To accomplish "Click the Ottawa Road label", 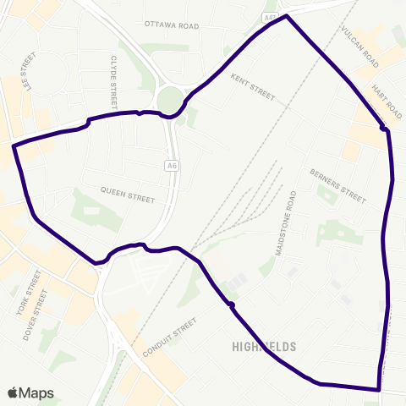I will pos(171,26).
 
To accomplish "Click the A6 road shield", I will pos(173,167).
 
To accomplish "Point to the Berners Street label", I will pos(337,185).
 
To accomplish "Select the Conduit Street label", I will pos(169,337).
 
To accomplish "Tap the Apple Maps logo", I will pos(30,392).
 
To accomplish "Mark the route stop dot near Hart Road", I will pos(384,129).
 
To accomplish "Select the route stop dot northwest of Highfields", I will pos(230,304).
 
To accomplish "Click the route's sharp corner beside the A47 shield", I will pos(287,16).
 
